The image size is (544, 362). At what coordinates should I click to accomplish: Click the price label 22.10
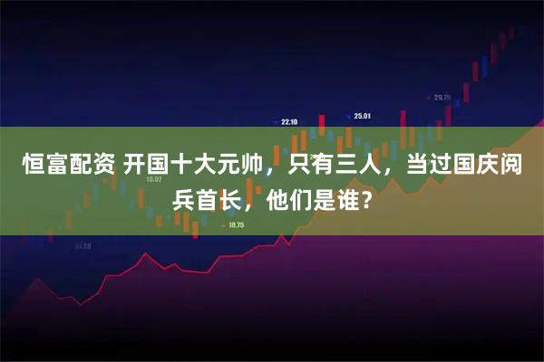pos(289,122)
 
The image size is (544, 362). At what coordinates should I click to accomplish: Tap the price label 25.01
pos(363,116)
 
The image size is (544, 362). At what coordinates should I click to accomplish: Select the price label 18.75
pos(238,224)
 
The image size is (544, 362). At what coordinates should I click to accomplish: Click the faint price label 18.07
pos(153,179)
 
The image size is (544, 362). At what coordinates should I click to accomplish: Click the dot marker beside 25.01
pos(349,116)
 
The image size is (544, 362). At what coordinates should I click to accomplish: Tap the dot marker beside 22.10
pos(276,122)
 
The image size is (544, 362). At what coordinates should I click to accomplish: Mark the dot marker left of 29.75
pos(429,98)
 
